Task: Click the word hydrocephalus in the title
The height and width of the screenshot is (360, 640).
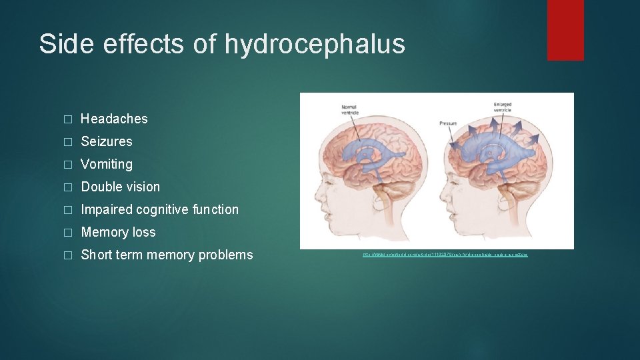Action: click(315, 44)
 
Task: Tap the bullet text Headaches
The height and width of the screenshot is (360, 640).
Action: click(114, 119)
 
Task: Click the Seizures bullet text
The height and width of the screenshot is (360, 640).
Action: click(107, 141)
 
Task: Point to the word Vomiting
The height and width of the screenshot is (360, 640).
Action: click(107, 164)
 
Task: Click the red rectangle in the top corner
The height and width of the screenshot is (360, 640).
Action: click(565, 30)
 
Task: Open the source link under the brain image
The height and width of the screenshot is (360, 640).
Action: click(445, 255)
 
